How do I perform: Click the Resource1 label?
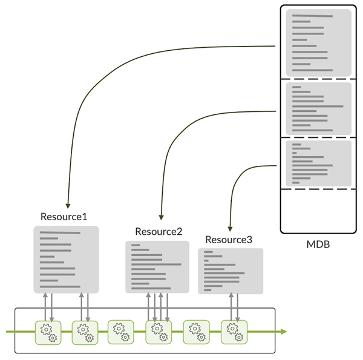(64, 216)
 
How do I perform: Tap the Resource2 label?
(159, 231)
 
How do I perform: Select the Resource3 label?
(229, 240)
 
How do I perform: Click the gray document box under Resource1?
(66, 260)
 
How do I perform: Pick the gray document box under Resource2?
(157, 267)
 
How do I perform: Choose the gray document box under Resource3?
(231, 270)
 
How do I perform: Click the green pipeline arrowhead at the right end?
(283, 332)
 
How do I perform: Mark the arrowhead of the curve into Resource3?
(229, 229)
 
